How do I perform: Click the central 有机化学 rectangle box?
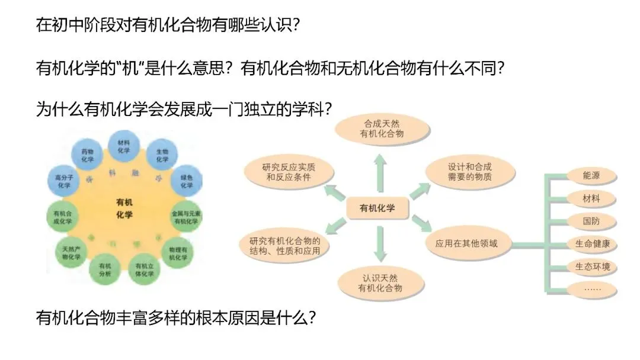[377, 208]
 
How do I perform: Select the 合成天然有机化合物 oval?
[382, 129]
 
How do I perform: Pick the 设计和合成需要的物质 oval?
[470, 172]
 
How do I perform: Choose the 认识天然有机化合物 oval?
[380, 282]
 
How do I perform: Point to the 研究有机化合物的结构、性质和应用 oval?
[285, 245]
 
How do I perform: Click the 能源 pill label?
[591, 176]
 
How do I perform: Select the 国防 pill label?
[591, 221]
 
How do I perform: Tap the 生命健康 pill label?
[591, 243]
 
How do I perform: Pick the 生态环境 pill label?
[591, 266]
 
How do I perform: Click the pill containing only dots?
[591, 289]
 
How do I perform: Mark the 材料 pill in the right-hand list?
[591, 198]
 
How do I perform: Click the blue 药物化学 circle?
[87, 156]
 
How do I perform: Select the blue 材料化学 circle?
[124, 146]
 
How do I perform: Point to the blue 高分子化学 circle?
[63, 182]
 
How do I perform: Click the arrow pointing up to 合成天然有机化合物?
[379, 171]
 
